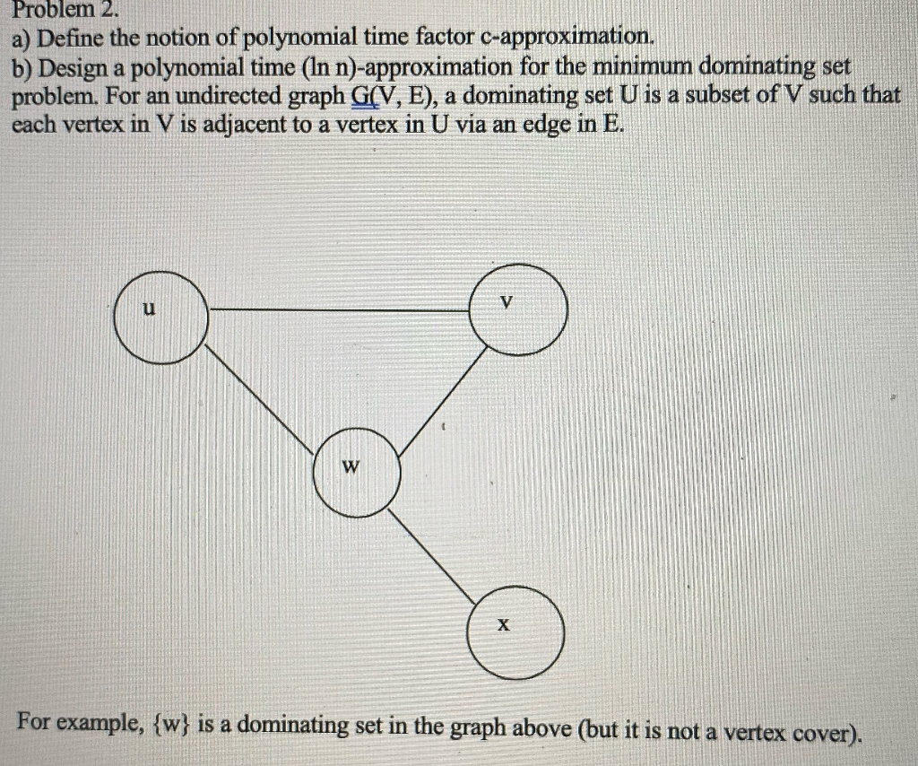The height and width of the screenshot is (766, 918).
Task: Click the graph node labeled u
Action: tap(161, 318)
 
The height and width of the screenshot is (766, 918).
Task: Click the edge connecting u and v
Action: tap(341, 310)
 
